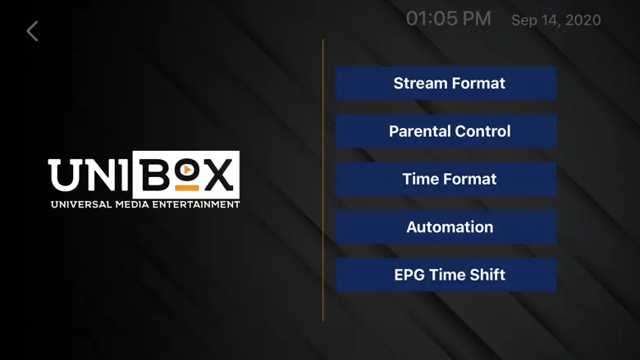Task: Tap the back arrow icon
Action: pos(32,31)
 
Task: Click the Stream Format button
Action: pos(446,83)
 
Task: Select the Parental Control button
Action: pos(446,131)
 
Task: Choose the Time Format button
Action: pos(446,179)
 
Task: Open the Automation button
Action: pos(446,227)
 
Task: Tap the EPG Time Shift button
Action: pos(446,275)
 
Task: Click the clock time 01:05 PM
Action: pos(448,19)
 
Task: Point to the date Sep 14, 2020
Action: pos(556,20)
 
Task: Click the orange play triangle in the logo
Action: pos(187,169)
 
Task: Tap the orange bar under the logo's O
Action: pos(187,188)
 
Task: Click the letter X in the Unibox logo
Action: pos(219,174)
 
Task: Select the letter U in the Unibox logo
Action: pos(64,175)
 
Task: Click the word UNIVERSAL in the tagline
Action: pos(81,205)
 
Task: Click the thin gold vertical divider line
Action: pos(322,180)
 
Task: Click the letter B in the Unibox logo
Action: pos(154,175)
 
